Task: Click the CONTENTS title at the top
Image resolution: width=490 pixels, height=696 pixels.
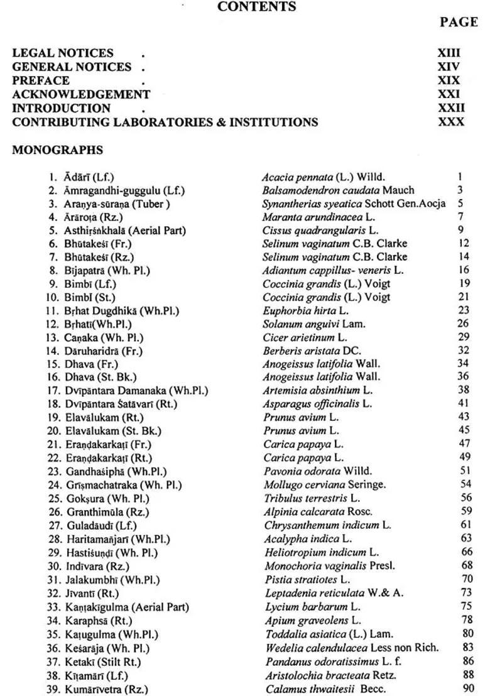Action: (x=256, y=7)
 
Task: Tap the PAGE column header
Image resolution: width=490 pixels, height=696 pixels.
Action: (x=459, y=22)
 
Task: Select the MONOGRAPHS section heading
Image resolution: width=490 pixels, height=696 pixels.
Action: (x=58, y=150)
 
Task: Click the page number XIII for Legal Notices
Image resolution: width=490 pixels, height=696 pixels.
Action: (x=449, y=53)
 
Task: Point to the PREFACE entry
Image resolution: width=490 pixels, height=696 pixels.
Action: (x=41, y=80)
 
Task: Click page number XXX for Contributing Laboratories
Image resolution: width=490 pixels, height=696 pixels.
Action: (x=451, y=122)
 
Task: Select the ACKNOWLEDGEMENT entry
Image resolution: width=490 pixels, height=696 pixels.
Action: (x=81, y=94)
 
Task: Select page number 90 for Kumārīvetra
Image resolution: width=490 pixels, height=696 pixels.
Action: (x=466, y=689)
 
